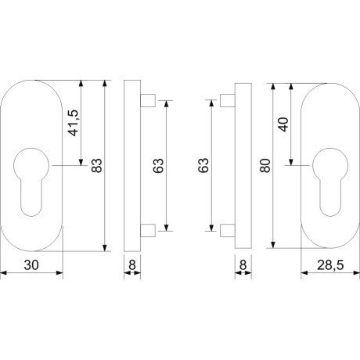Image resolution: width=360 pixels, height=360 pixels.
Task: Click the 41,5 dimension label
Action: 74,123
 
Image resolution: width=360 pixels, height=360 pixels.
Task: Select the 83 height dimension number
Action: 97,166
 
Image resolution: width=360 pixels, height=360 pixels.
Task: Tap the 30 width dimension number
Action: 31,265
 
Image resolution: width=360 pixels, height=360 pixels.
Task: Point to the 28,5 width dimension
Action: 330,265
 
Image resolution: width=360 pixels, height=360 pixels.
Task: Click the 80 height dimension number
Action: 265,166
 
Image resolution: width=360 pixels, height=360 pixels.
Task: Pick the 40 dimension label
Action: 283,124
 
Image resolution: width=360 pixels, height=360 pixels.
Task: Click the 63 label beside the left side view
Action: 158,166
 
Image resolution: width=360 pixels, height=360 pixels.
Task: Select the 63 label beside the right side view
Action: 203,165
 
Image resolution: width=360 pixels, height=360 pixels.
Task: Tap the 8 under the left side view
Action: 132,265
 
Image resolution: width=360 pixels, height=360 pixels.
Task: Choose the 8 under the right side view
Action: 243,265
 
